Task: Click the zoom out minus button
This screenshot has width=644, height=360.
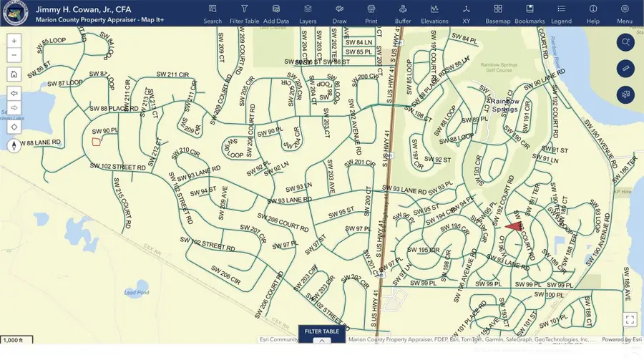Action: tap(14, 55)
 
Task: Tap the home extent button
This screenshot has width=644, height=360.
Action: tap(14, 74)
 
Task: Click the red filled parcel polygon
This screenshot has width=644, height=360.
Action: tap(514, 225)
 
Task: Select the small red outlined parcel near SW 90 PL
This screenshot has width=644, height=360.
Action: tap(96, 141)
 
